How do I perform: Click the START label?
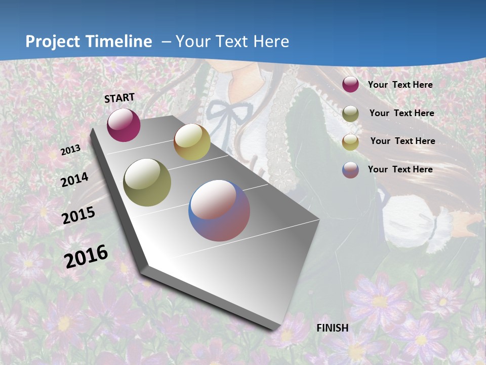[x=119, y=98]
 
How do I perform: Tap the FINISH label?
[x=333, y=328]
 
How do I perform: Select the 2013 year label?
[x=71, y=150]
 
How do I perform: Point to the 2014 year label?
[x=75, y=179]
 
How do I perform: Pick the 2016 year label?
[x=86, y=256]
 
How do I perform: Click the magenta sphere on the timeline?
[x=124, y=125]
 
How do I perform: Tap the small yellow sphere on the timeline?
[x=192, y=142]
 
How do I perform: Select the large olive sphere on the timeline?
[x=147, y=182]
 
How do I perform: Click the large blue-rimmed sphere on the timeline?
[x=219, y=210]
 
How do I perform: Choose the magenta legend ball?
[x=350, y=85]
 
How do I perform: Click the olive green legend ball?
[x=350, y=114]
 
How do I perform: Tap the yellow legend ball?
[x=350, y=141]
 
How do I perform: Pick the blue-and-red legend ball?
[x=350, y=170]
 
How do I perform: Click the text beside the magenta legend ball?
[x=400, y=85]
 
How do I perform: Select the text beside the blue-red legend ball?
[x=400, y=169]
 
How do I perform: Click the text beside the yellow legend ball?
[x=402, y=141]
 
